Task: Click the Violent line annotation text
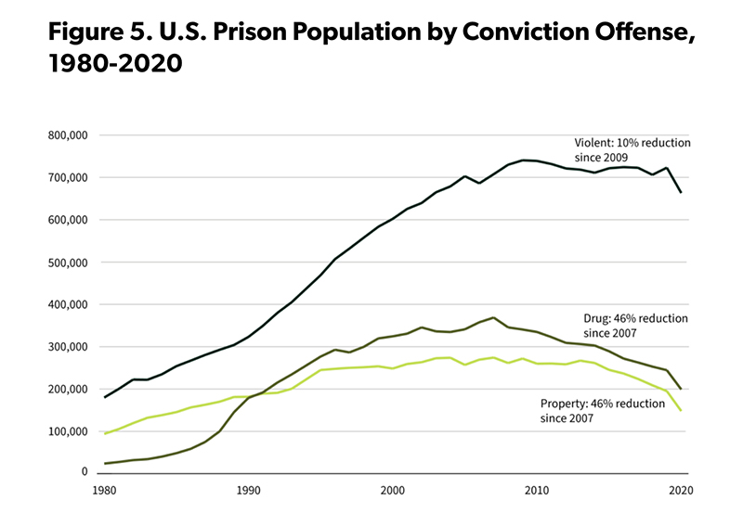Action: pyautogui.click(x=632, y=151)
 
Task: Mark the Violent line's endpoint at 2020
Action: pyautogui.click(x=682, y=192)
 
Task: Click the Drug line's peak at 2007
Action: pyautogui.click(x=493, y=317)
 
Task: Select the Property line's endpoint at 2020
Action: pyautogui.click(x=682, y=410)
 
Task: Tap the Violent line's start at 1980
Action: pyautogui.click(x=105, y=397)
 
